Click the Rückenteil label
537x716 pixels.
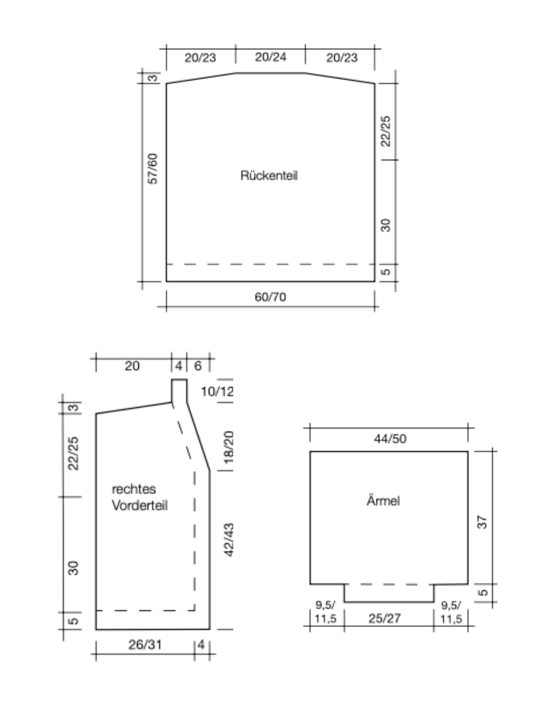pyautogui.click(x=268, y=176)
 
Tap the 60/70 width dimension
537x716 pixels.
pyautogui.click(x=270, y=297)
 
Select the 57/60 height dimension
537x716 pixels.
pyautogui.click(x=153, y=169)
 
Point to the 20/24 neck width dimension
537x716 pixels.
pyautogui.click(x=270, y=57)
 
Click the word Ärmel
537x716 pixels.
pyautogui.click(x=383, y=500)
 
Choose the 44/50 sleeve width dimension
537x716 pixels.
pyautogui.click(x=390, y=439)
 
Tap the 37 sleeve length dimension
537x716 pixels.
pyautogui.click(x=482, y=522)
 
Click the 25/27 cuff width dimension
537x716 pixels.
pyautogui.click(x=385, y=618)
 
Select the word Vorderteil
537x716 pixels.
pyautogui.click(x=140, y=506)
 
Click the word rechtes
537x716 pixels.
pyautogui.click(x=134, y=489)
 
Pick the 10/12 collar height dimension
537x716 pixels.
pyautogui.click(x=217, y=391)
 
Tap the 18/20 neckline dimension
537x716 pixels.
pyautogui.click(x=229, y=447)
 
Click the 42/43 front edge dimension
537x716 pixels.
pyautogui.click(x=229, y=540)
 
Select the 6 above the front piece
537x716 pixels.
pyautogui.click(x=197, y=366)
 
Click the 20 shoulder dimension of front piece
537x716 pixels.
pyautogui.click(x=132, y=366)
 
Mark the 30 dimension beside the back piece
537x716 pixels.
pyautogui.click(x=385, y=225)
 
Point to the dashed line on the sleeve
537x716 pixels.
pyautogui.click(x=389, y=584)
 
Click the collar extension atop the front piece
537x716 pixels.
pyautogui.click(x=179, y=391)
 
